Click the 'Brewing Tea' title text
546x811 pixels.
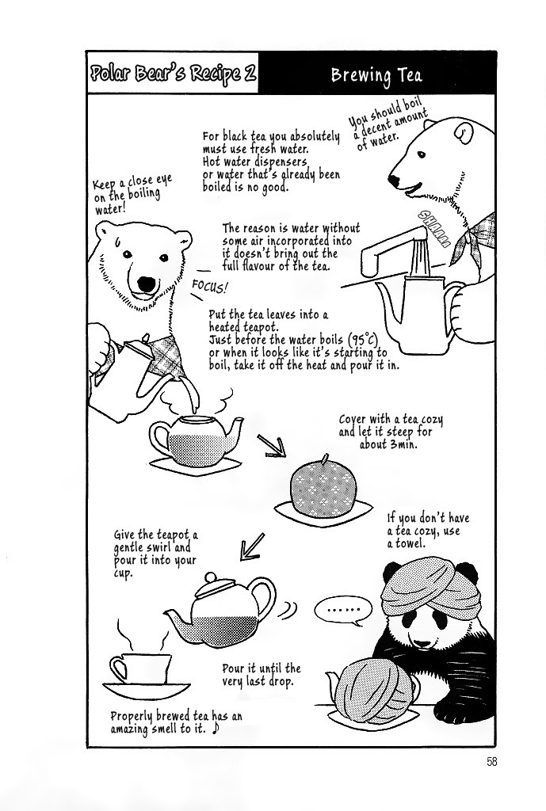[x=376, y=75]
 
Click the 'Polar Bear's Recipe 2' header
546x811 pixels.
[x=173, y=73]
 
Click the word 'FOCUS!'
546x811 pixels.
[x=209, y=286]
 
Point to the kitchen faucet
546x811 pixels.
[x=393, y=245]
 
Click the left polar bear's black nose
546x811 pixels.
[x=146, y=284]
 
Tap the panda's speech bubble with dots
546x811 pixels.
[x=343, y=610]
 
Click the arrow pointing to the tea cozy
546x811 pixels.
[x=271, y=445]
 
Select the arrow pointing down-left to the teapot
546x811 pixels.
[x=254, y=546]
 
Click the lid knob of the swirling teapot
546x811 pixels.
[x=211, y=577]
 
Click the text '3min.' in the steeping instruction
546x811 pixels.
[x=402, y=444]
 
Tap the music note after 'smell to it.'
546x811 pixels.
[x=216, y=729]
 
